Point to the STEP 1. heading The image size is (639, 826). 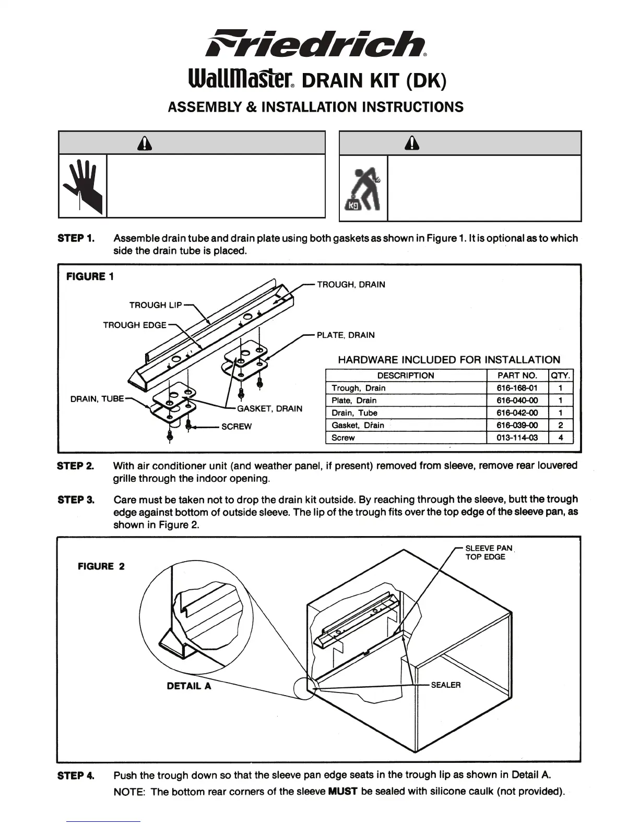76,238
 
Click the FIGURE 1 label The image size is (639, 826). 90,276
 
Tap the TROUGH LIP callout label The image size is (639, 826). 156,305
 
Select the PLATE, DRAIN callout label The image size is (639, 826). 346,335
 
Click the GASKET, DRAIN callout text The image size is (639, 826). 269,408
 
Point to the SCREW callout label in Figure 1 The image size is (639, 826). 236,427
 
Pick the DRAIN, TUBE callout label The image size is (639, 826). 97,399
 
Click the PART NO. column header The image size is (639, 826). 517,375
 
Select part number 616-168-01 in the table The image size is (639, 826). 517,388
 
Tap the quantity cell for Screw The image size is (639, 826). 561,438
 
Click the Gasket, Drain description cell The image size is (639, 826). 358,425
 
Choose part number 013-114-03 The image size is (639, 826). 517,438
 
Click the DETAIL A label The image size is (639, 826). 189,686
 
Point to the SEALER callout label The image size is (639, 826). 446,685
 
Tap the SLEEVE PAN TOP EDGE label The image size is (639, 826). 489,552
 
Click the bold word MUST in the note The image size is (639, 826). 342,792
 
